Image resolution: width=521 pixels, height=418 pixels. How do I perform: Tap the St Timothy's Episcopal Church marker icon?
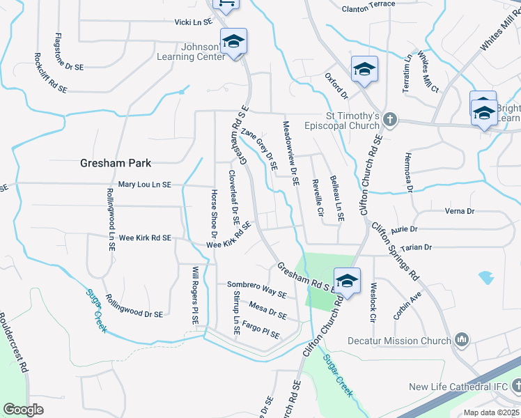coord(389,120)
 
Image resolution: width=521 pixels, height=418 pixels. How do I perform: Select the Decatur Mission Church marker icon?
coord(461,340)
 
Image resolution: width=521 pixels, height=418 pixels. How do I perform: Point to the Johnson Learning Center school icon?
coord(234,42)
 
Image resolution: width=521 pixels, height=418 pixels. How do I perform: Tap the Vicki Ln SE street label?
coord(193,22)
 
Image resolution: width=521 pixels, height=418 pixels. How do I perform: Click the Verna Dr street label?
coord(459,210)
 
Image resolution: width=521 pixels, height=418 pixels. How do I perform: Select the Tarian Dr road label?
coord(417,247)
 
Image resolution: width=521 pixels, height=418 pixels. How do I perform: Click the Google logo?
coord(23,410)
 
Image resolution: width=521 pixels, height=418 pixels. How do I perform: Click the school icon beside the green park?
coord(347,281)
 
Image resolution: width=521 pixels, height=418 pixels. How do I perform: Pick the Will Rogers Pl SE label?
coord(196,295)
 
